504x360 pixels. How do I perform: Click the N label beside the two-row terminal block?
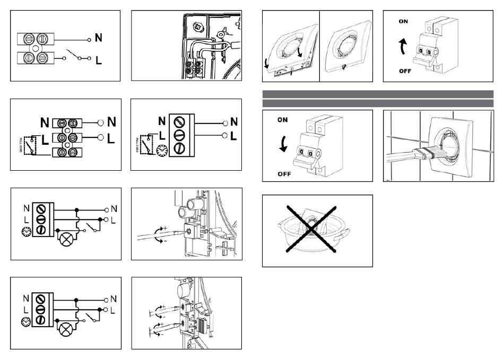pos(99,38)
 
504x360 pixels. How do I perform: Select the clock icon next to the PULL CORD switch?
pos(160,151)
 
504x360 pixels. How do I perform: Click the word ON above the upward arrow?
pos(404,22)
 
